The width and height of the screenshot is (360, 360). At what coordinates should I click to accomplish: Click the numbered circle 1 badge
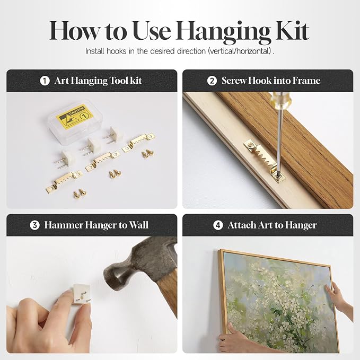(45, 81)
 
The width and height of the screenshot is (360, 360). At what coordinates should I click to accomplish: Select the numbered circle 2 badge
(212, 81)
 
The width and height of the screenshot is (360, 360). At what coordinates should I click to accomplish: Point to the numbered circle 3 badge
(34, 225)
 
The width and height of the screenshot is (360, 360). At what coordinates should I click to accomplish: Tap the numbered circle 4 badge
(218, 225)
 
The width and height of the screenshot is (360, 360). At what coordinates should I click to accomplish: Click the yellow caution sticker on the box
(75, 117)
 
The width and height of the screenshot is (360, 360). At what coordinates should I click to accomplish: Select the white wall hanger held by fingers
(81, 294)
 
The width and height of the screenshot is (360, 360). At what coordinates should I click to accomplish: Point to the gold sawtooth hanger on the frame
(265, 161)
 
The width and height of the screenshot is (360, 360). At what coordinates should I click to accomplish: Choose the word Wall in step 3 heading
(139, 225)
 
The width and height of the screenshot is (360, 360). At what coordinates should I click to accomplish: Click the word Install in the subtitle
(94, 51)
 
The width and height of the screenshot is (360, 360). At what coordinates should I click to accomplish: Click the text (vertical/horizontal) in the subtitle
(240, 51)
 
